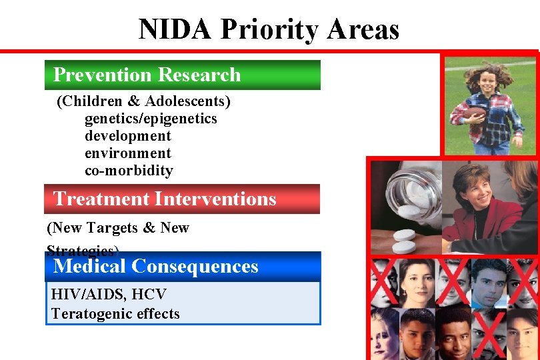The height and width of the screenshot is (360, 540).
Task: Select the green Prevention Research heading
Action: (x=181, y=75)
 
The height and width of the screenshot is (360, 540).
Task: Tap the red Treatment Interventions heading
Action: (x=181, y=199)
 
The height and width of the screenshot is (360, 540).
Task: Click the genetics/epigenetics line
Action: (x=151, y=119)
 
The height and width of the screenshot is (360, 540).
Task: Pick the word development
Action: (x=127, y=136)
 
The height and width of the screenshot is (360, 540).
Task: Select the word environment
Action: (x=127, y=153)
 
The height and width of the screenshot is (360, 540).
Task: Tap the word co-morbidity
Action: (x=129, y=171)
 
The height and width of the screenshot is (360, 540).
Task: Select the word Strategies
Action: (x=80, y=251)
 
